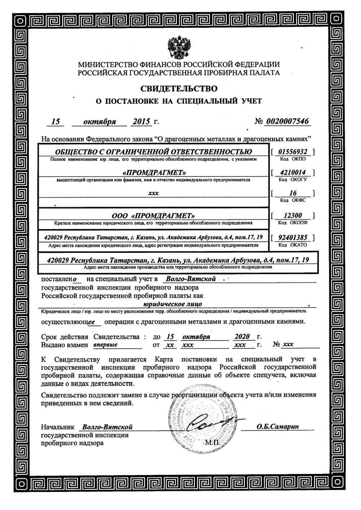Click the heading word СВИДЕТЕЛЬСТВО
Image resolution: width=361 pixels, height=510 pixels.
coord(179,88)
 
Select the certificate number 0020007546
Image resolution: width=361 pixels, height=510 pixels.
coord(287,121)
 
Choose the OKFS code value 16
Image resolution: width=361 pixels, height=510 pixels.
coord(293,193)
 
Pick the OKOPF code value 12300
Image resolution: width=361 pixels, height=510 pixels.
coord(293,216)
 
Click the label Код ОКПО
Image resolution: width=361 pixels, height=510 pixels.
coord(293,159)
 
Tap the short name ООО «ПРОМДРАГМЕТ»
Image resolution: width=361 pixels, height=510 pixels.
coord(153,216)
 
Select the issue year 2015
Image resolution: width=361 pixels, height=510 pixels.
coord(141,121)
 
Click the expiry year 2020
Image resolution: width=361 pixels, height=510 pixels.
coord(242,337)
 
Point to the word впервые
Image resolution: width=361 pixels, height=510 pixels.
coord(105,344)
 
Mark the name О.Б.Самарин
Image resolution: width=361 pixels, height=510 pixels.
coord(278,427)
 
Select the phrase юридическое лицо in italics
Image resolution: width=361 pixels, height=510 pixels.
coord(178,304)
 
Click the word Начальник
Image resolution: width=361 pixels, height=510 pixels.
coord(57,427)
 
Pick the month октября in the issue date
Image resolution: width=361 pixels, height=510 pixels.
coord(100,122)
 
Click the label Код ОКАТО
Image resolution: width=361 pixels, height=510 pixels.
coord(293,245)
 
